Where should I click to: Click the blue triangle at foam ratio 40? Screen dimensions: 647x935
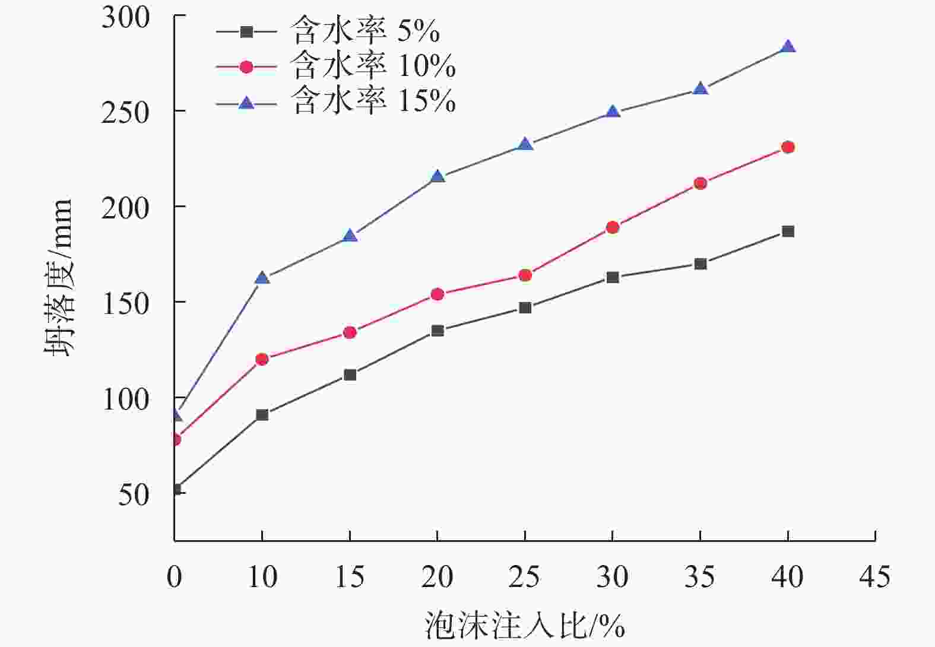[x=788, y=47]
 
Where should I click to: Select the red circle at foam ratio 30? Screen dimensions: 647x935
[x=613, y=227]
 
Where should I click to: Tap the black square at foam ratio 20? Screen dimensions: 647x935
[x=438, y=331]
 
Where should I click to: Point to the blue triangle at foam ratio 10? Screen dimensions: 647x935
[x=262, y=278]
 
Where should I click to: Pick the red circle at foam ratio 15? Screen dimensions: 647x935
[x=350, y=332]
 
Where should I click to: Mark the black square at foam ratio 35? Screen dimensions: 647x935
[x=701, y=264]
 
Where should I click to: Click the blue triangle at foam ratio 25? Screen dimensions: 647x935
[x=525, y=144]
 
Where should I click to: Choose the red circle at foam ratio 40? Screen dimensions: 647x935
[x=788, y=147]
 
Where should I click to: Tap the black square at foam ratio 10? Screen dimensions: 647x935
[x=262, y=415]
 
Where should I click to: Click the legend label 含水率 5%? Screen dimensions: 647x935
[x=365, y=31]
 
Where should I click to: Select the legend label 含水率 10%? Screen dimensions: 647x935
[x=373, y=66]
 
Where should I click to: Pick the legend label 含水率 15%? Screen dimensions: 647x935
[x=373, y=101]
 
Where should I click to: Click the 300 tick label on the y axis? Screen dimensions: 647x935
[x=125, y=17]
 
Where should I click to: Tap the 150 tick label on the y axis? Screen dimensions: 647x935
[x=125, y=303]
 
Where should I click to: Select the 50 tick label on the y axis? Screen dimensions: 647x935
[x=134, y=494]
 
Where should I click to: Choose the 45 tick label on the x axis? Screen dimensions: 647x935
[x=875, y=576]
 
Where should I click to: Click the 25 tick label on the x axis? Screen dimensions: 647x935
[x=525, y=576]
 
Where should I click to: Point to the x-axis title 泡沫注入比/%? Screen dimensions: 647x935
[x=525, y=625]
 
